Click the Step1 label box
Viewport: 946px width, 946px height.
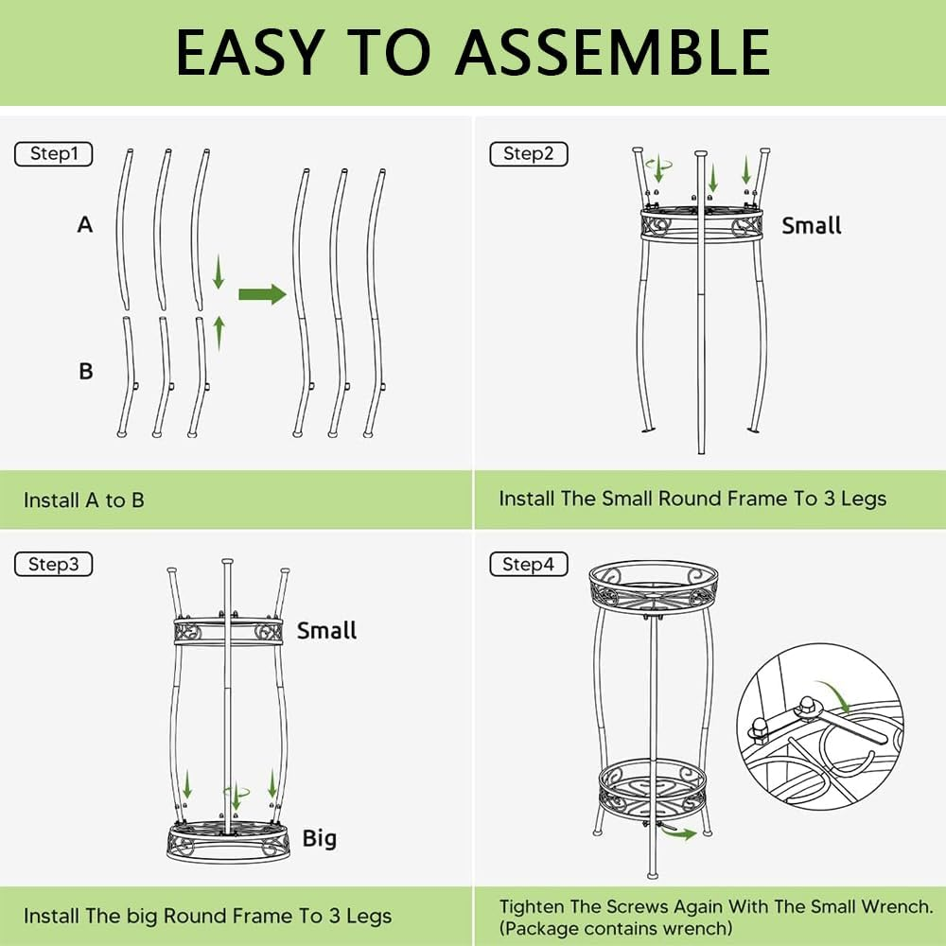(54, 154)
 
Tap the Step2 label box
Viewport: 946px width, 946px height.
(529, 154)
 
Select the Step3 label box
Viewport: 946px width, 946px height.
(54, 564)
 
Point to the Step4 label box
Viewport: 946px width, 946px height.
(529, 564)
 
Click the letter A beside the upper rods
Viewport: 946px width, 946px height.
(85, 224)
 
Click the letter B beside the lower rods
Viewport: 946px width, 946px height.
(86, 371)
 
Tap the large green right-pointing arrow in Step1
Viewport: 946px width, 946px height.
(262, 294)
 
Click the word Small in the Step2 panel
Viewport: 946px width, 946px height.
(812, 226)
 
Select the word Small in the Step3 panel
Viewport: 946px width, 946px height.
(326, 630)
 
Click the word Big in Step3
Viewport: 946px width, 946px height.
(319, 838)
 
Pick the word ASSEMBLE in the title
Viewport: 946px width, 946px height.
(613, 52)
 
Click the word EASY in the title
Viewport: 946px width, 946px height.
(251, 52)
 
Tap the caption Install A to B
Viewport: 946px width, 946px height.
(84, 500)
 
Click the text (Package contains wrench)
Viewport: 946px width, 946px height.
(616, 927)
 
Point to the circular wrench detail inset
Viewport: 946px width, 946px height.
(820, 727)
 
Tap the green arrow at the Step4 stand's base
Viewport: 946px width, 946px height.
(679, 833)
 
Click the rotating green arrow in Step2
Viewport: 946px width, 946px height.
(658, 165)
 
